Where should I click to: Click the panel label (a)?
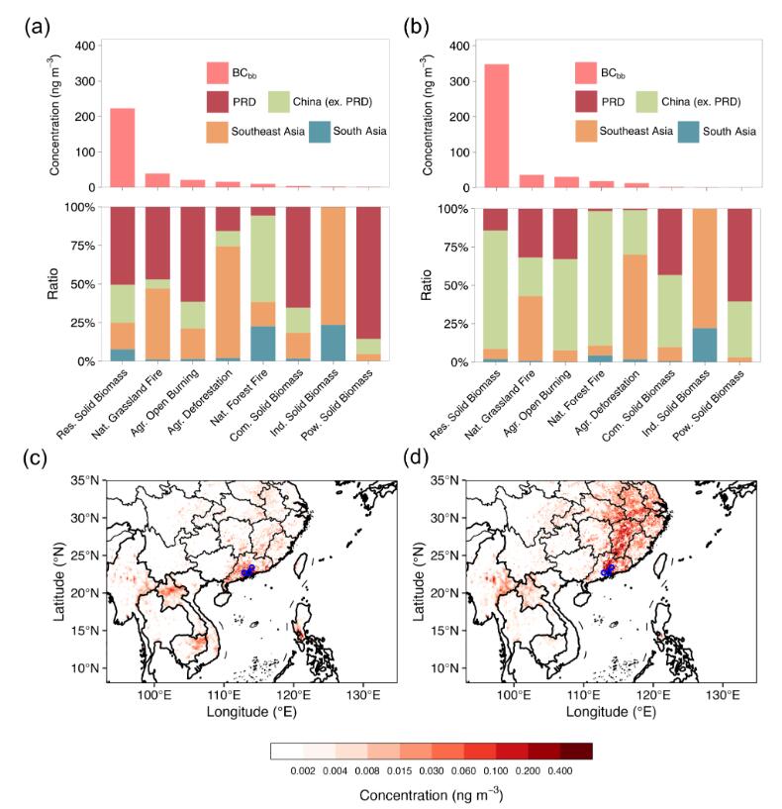(37, 27)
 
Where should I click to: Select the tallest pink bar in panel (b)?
(496, 126)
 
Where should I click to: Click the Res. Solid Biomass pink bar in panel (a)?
(123, 148)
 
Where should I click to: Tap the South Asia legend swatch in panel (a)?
(320, 132)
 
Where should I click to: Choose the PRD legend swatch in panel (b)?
(586, 102)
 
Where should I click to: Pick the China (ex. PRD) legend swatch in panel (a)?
(279, 102)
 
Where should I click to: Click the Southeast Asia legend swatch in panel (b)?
(586, 132)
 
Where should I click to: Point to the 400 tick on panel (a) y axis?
(85, 46)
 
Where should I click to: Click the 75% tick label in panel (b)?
(455, 248)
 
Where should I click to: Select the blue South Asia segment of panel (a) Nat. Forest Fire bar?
(263, 344)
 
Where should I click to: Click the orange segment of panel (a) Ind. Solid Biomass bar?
(334, 265)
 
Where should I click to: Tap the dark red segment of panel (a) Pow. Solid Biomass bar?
(368, 273)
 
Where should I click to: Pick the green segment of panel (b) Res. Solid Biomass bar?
(495, 289)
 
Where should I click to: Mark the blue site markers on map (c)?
(248, 570)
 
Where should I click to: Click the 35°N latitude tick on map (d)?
(445, 480)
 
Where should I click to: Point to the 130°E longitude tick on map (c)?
(363, 694)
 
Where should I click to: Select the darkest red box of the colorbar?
(576, 751)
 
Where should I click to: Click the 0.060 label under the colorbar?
(463, 770)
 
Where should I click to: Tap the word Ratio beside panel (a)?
(53, 284)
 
